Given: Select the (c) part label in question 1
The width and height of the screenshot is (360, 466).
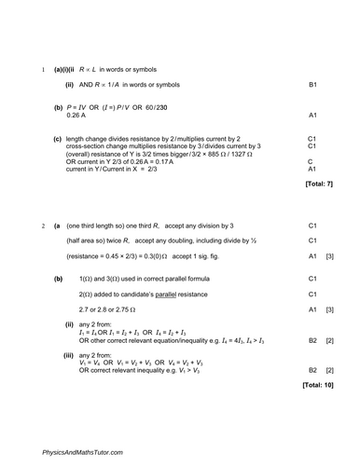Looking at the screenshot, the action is (58, 138).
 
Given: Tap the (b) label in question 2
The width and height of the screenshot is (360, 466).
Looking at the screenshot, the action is (59, 279).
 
